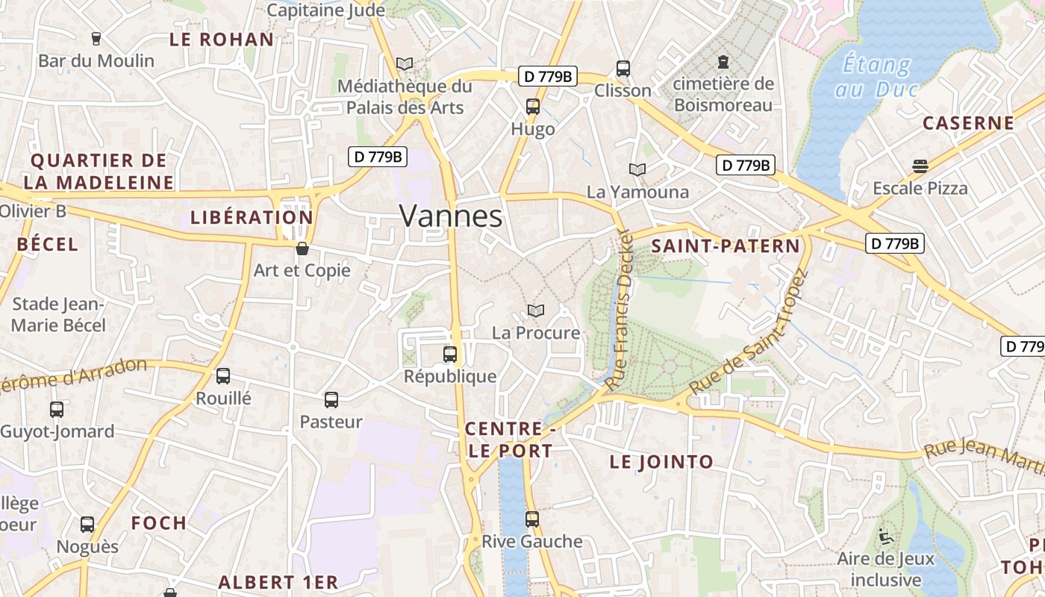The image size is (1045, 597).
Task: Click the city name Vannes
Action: coord(451,216)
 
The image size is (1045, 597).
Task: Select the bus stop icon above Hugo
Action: coord(533,106)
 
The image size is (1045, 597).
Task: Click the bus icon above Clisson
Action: coord(623,69)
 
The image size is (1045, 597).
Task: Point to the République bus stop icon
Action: coord(450,354)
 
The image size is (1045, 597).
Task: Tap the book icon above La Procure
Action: coord(535,310)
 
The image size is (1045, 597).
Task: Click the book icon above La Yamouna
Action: coord(637,170)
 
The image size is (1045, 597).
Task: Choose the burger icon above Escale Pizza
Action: coord(920,166)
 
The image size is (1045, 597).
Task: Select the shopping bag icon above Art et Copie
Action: coord(302,249)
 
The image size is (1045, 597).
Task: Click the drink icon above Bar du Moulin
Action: coord(96,39)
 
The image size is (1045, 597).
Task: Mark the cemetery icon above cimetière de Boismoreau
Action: coord(723,62)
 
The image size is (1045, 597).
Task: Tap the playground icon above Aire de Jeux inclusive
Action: coord(885,536)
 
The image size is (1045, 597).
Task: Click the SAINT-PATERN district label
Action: coord(726,246)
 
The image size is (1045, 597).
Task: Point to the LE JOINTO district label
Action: coord(661,462)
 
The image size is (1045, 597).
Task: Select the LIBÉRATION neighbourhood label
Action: coord(252,218)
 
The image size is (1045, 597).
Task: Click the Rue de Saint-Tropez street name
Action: coord(749,332)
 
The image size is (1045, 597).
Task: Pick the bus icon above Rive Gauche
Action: coord(531,519)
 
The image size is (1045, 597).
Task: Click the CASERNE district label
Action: coord(968,123)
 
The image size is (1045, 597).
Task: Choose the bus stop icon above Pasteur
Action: coord(331,400)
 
